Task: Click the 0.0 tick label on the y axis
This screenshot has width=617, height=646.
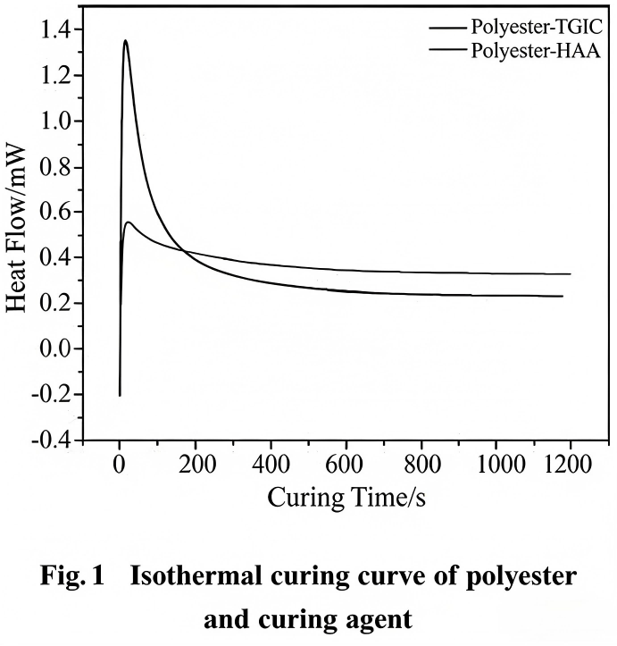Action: pos(58,349)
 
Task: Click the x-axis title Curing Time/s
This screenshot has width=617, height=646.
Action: pos(346,497)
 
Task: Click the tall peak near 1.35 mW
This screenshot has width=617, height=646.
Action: pos(125,40)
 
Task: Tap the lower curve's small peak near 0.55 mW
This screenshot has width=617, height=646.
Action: pos(129,222)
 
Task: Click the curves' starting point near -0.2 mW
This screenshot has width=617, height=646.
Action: pos(120,394)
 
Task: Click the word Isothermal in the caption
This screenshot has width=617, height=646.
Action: pos(183,577)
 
